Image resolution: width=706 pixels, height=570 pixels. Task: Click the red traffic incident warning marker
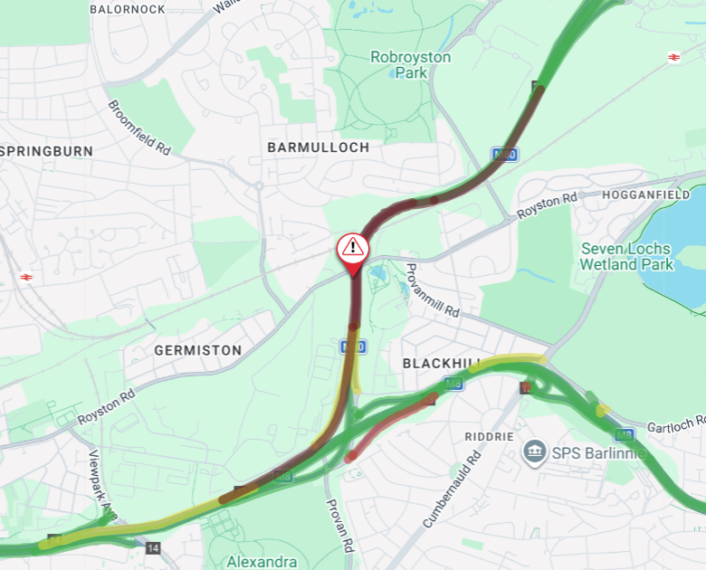click(352, 248)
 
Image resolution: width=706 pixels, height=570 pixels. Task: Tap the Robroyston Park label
click(410, 64)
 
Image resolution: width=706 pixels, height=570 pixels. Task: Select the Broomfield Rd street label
click(139, 127)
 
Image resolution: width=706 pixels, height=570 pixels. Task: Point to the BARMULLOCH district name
click(319, 147)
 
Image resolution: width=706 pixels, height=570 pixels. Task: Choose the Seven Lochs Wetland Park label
click(626, 256)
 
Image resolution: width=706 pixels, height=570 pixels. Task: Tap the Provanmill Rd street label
click(433, 290)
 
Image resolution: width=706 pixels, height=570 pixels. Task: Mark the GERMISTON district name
click(198, 350)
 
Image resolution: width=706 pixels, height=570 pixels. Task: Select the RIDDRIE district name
click(489, 436)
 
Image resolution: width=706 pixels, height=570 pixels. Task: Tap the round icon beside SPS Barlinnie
click(534, 451)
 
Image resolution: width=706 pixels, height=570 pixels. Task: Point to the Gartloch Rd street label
click(675, 424)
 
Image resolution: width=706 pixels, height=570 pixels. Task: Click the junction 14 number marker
click(152, 548)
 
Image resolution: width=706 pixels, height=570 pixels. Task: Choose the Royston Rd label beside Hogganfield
click(547, 206)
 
